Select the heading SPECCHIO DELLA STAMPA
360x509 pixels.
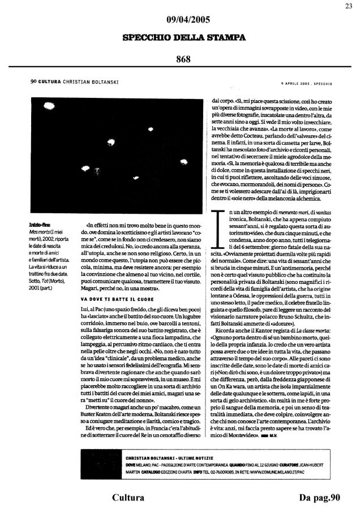180,38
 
